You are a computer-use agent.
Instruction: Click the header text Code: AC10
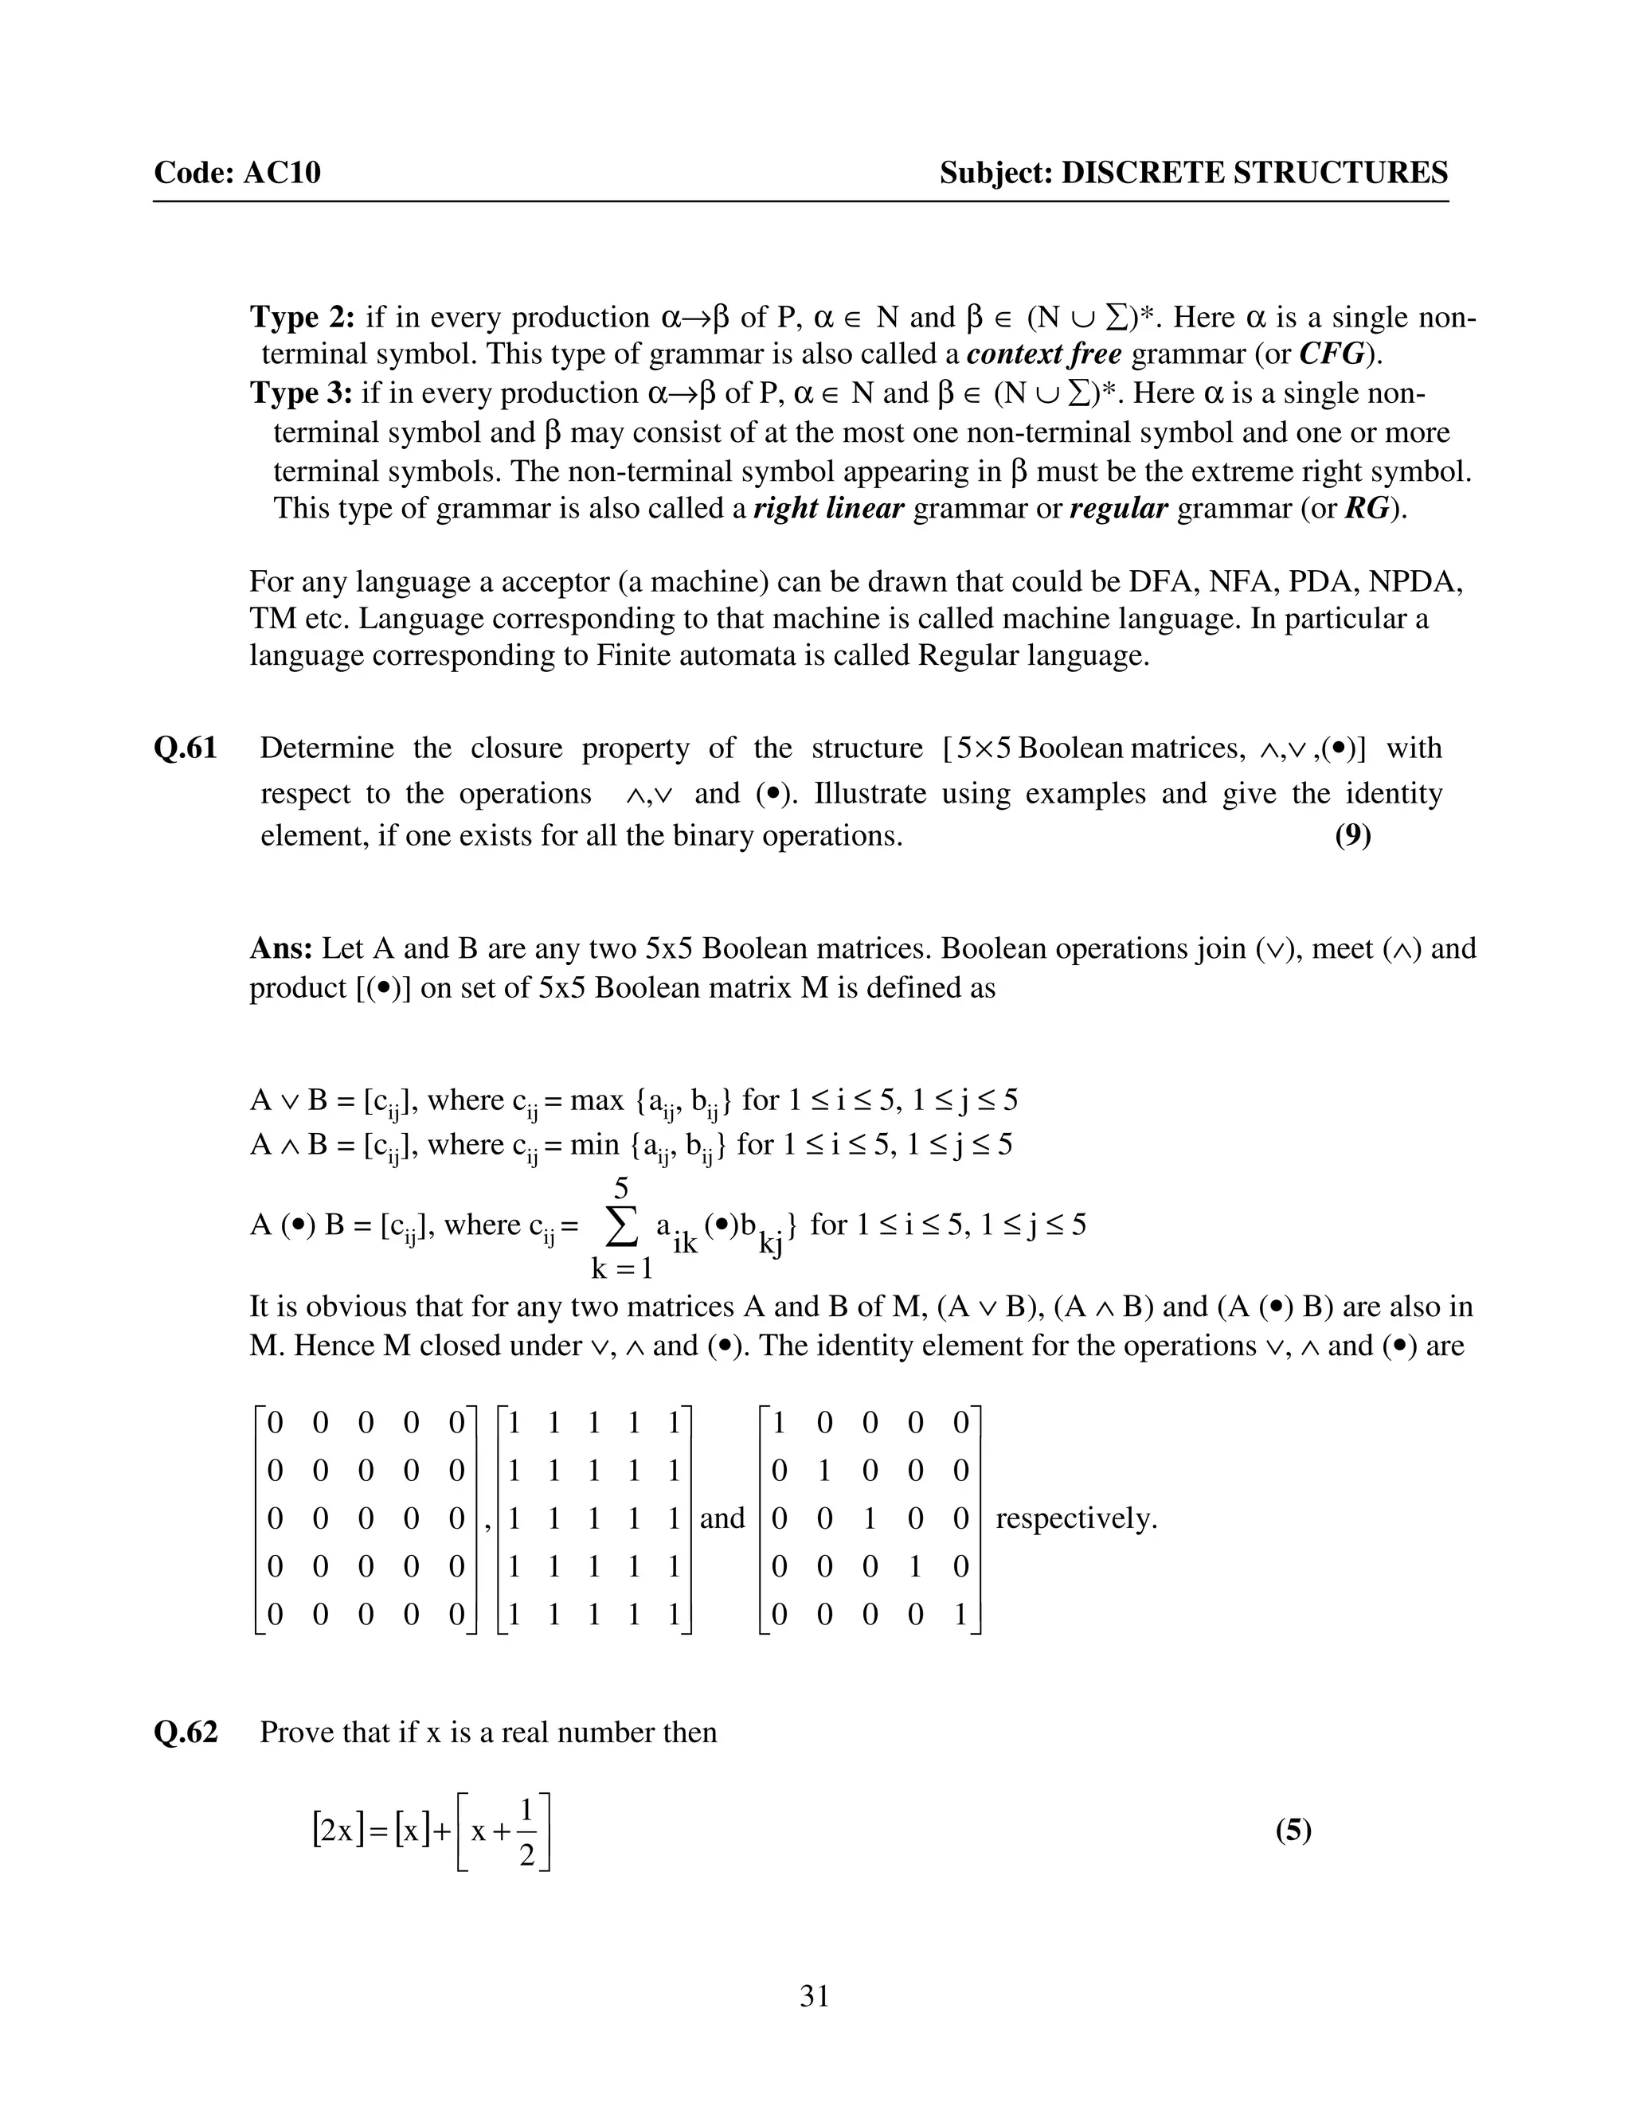tap(237, 173)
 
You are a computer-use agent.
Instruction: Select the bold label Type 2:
tap(303, 317)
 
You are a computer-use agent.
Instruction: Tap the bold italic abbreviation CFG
tap(1332, 354)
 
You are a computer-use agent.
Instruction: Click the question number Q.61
tap(186, 748)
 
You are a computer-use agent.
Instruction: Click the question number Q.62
tap(186, 1733)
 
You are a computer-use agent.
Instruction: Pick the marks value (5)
tap(1293, 1830)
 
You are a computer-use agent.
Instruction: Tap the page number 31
tap(815, 1996)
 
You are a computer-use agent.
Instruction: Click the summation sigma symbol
tap(620, 1227)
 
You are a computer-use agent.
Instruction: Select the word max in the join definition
tap(596, 1100)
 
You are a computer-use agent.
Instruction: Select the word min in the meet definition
tap(593, 1145)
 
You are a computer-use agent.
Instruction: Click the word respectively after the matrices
tap(1075, 1518)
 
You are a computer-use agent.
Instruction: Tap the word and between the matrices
tap(722, 1518)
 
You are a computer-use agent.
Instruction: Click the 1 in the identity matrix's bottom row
tap(960, 1615)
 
